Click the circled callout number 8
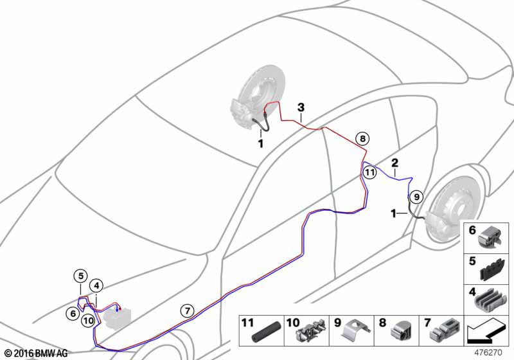tap(362, 139)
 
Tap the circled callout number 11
tap(370, 172)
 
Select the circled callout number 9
tap(416, 197)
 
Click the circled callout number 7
tap(187, 310)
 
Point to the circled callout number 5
tap(81, 276)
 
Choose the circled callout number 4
tap(96, 285)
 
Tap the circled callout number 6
tap(73, 314)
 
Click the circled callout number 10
tap(89, 320)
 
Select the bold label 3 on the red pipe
tap(301, 107)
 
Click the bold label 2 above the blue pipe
tap(394, 163)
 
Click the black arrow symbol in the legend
tap(486, 332)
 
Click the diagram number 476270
tap(488, 353)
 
